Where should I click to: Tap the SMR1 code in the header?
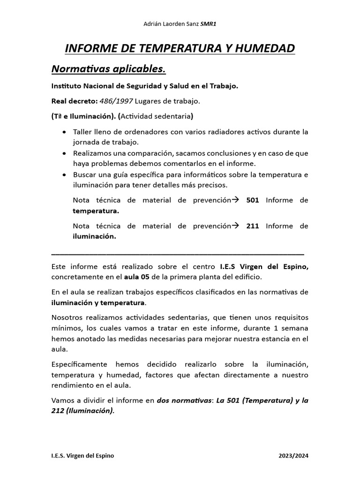(209, 25)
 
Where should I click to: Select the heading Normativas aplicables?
(108, 69)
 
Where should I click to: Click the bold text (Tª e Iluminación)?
(84, 116)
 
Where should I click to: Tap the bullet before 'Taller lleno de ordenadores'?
(64, 132)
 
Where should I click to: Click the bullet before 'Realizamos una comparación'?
(64, 153)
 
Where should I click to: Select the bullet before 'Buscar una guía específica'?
(64, 175)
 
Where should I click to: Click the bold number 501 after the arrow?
(253, 200)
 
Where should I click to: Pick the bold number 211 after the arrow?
(253, 226)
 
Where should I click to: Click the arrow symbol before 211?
(236, 226)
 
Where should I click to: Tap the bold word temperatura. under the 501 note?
(96, 211)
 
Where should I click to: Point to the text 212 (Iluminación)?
(82, 411)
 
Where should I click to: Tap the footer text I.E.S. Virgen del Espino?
(82, 456)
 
